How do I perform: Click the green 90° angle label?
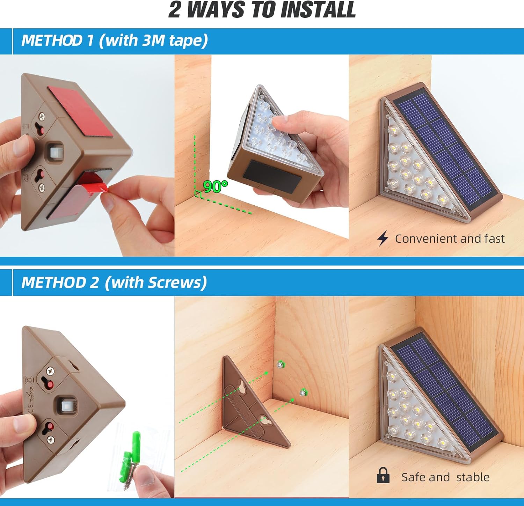[215, 186]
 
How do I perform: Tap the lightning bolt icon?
[383, 239]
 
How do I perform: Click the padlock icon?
[383, 475]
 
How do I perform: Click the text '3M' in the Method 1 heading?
[153, 40]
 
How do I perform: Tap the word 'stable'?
[473, 477]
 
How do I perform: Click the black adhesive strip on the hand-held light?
[272, 176]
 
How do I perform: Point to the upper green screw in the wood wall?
[281, 365]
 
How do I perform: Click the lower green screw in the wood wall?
[303, 393]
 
